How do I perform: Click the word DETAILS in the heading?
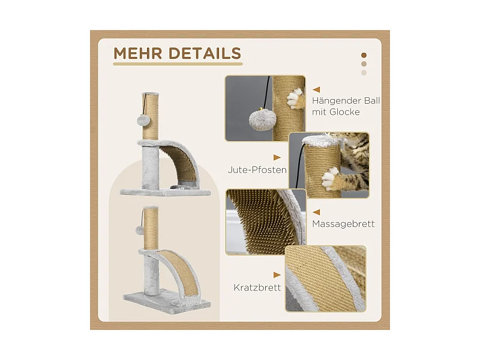pyautogui.click(x=204, y=53)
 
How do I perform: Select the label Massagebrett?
pyautogui.click(x=343, y=224)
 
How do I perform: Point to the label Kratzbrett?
pyautogui.click(x=257, y=287)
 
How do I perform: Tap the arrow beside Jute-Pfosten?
pyautogui.click(x=277, y=157)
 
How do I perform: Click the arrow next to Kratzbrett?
pyautogui.click(x=277, y=274)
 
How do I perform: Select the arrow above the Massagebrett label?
pyautogui.click(x=316, y=211)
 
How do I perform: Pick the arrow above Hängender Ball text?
pyautogui.click(x=316, y=89)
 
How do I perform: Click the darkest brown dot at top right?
pyautogui.click(x=364, y=53)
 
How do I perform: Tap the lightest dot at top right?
pyautogui.click(x=364, y=73)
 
